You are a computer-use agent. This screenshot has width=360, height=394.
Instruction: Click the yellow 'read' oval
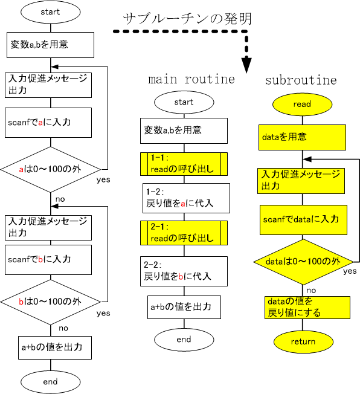coord(302,105)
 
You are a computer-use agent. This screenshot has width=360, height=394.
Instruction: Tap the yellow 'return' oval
coord(303,342)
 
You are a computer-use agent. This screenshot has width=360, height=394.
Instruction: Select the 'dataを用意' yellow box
coord(302,137)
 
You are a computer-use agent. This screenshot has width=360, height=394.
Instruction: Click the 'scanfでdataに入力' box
coord(303,220)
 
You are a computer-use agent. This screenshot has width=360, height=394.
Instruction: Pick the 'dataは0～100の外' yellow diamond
coord(303,262)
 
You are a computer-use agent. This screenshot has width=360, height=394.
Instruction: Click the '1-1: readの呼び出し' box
coord(184,164)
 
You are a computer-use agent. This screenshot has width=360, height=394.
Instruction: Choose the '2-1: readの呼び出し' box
coord(184,233)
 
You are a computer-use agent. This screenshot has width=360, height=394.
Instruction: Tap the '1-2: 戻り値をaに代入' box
coord(186,198)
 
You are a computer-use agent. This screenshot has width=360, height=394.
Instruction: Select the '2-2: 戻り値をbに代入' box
coord(184,271)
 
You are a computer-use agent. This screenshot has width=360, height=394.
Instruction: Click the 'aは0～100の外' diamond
coord(51,170)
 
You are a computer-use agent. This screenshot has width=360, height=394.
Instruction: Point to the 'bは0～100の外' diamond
coord(51,302)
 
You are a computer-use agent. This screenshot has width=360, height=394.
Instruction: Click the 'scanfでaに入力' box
coord(48,123)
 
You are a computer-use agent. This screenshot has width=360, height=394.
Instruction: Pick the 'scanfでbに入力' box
coord(48,260)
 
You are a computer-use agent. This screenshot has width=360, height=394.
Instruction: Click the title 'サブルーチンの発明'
coord(187,19)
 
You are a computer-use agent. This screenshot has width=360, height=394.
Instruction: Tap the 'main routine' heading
coord(191,79)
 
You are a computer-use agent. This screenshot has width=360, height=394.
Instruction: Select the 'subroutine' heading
coord(301,80)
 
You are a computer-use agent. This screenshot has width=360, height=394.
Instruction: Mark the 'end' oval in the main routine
coord(184,340)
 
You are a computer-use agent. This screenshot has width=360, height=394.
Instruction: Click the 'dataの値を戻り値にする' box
coord(307,308)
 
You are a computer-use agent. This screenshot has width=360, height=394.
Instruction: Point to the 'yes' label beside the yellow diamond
coord(350,271)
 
